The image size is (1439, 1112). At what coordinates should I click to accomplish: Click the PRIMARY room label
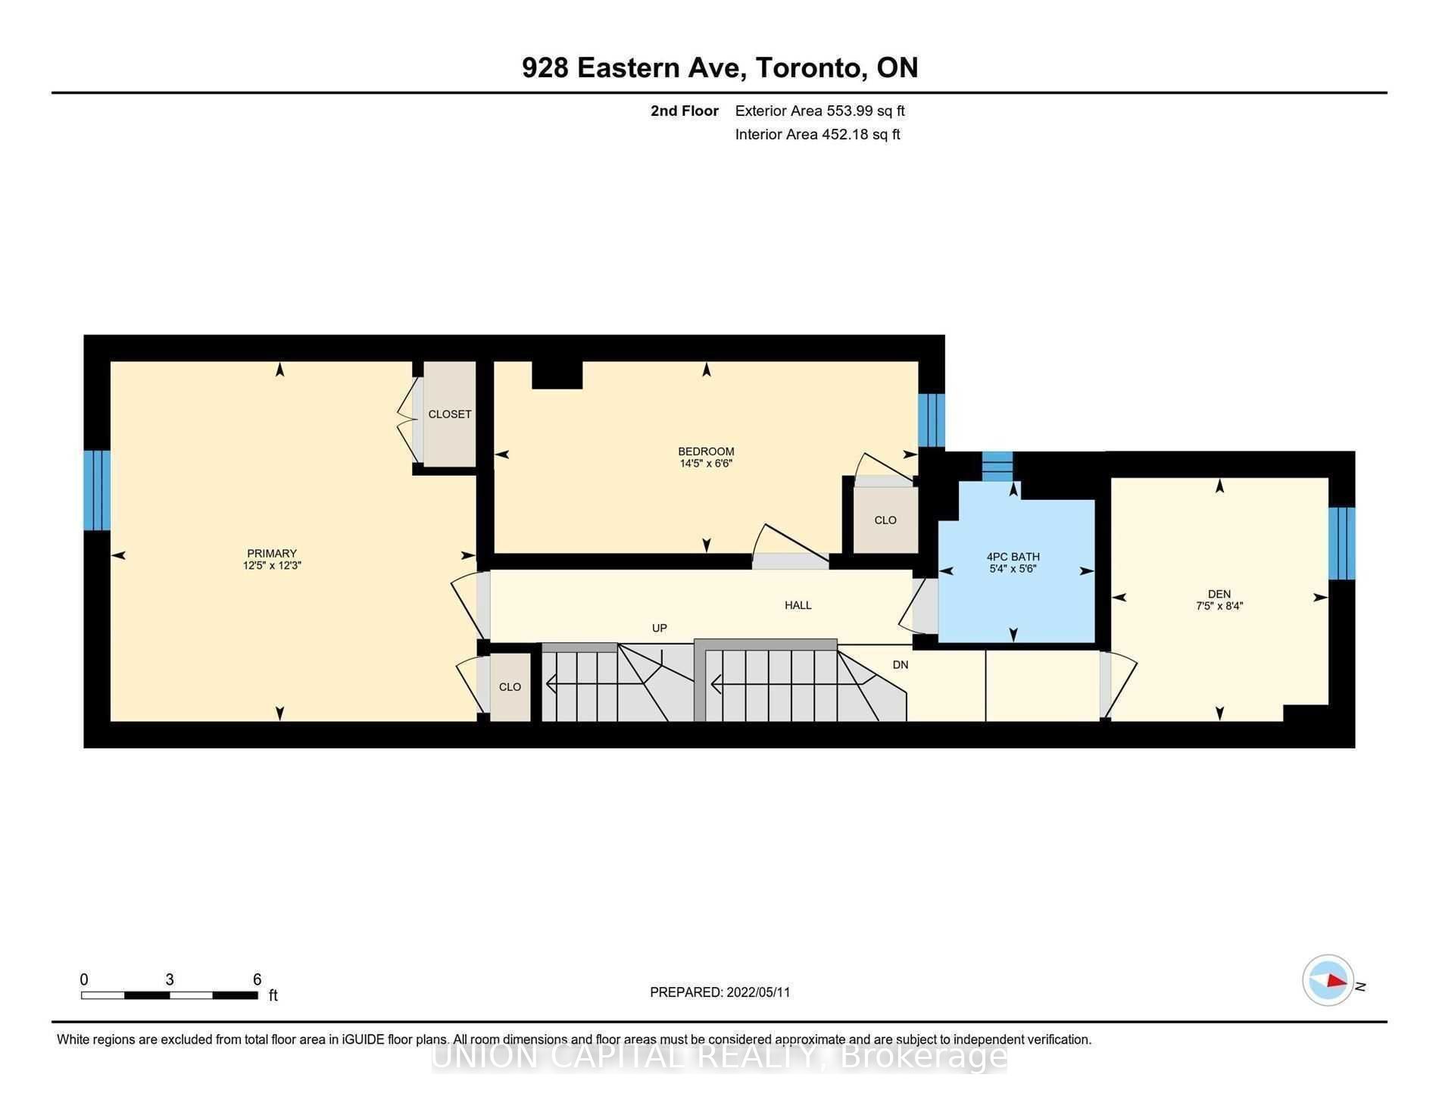pyautogui.click(x=272, y=553)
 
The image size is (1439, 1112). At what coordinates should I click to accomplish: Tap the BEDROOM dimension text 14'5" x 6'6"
pyautogui.click(x=706, y=464)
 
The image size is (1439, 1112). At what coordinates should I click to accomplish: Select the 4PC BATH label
pyautogui.click(x=1013, y=557)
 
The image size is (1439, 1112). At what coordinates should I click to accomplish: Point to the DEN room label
pyautogui.click(x=1219, y=594)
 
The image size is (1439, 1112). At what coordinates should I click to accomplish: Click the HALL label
pyautogui.click(x=798, y=605)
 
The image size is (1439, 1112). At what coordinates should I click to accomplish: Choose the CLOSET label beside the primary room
pyautogui.click(x=450, y=414)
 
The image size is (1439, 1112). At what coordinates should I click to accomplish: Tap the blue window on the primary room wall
pyautogui.click(x=97, y=490)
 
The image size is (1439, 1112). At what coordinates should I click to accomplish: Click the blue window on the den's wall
pyautogui.click(x=1341, y=543)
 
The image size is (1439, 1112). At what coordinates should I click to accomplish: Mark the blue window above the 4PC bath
pyautogui.click(x=997, y=466)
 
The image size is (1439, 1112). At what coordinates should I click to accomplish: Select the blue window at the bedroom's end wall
pyautogui.click(x=932, y=420)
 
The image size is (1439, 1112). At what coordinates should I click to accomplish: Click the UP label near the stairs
pyautogui.click(x=660, y=628)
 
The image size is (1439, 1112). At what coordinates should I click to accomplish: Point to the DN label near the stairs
pyautogui.click(x=901, y=665)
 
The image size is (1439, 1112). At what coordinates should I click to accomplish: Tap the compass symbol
pyautogui.click(x=1328, y=980)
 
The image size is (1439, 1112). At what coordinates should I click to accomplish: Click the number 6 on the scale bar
pyautogui.click(x=258, y=979)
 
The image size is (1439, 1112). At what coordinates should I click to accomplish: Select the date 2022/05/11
pyautogui.click(x=758, y=992)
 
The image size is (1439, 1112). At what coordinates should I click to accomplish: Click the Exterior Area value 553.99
pyautogui.click(x=850, y=111)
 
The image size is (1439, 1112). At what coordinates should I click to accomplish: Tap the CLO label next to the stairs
pyautogui.click(x=510, y=687)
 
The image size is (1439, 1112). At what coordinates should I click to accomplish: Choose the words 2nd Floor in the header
pyautogui.click(x=685, y=111)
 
